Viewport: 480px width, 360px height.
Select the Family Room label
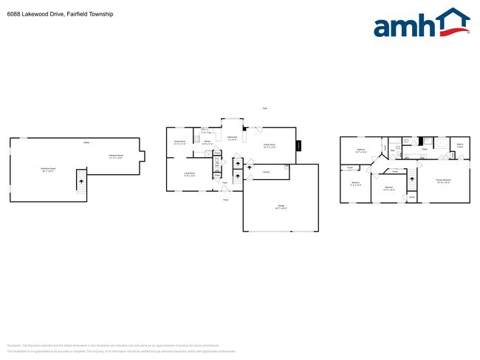pyautogui.click(x=269, y=146)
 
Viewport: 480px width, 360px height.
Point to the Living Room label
pyautogui.click(x=190, y=175)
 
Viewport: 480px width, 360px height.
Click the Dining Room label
pyautogui.click(x=179, y=142)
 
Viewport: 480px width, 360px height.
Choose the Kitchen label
pyautogui.click(x=208, y=142)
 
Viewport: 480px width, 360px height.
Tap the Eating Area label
pyautogui.click(x=232, y=138)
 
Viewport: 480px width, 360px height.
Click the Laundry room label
pyautogui.click(x=266, y=174)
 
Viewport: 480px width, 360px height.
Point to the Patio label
pyautogui.click(x=264, y=109)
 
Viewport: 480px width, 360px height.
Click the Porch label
pyautogui.click(x=226, y=199)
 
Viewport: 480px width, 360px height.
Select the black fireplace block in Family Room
pyautogui.click(x=299, y=145)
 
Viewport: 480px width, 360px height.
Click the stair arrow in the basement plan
pyautogui.click(x=81, y=181)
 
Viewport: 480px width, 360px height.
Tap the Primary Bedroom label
pyautogui.click(x=443, y=180)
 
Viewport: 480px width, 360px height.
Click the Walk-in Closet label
pyautogui.click(x=459, y=145)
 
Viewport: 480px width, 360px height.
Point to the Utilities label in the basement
pyautogui.click(x=86, y=142)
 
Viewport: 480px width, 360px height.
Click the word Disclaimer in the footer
pyautogui.click(x=14, y=345)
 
